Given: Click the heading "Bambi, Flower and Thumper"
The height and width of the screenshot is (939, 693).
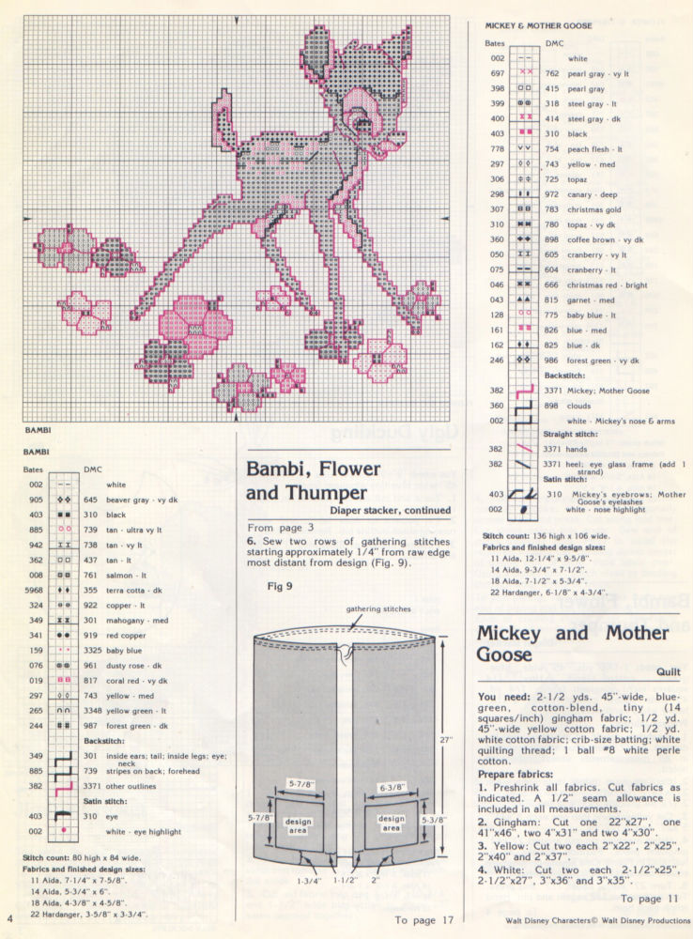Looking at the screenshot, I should tap(313, 480).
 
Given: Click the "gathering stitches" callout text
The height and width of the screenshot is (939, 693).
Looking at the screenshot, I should tap(378, 609).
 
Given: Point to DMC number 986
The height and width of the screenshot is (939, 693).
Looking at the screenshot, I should tap(552, 360).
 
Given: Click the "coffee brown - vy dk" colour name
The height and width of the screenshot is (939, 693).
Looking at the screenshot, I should tap(601, 239).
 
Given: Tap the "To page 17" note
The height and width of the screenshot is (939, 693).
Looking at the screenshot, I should tap(424, 920).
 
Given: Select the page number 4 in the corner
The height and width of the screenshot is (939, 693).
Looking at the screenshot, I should tap(9, 918).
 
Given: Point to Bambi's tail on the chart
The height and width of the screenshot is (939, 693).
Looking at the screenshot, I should tap(227, 115).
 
